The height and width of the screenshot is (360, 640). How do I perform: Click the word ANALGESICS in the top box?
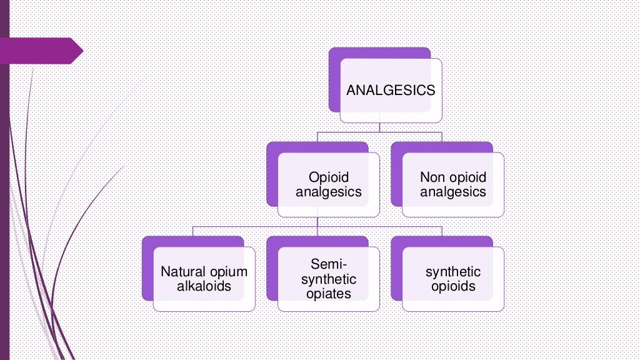[391, 91]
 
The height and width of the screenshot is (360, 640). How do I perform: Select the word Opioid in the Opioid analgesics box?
[329, 178]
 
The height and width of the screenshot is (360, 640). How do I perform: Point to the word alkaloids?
[204, 286]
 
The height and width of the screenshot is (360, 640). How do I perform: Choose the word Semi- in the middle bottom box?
[329, 264]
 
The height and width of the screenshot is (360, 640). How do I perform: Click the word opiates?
[329, 293]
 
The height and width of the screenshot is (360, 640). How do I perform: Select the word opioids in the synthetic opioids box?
[453, 287]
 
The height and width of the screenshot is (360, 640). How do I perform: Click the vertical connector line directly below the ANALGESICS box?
[380, 127]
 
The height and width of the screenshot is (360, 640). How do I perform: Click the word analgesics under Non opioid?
[452, 192]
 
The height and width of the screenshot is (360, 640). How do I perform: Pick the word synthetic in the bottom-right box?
[453, 272]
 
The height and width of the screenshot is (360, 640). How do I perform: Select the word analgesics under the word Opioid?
[329, 192]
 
